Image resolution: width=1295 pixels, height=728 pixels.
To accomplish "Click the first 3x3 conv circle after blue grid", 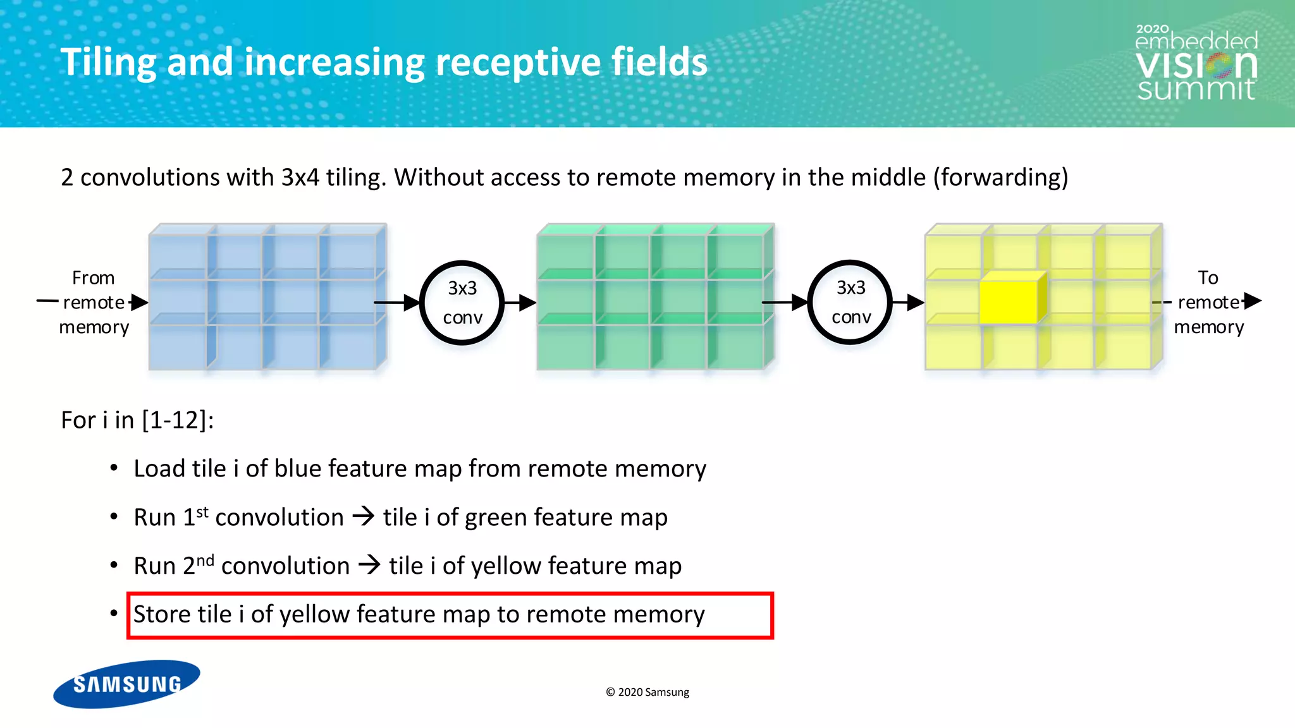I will (x=462, y=303).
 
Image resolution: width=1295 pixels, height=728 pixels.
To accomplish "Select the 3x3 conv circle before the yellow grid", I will (x=850, y=302).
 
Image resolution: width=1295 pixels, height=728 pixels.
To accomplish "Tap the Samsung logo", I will (x=127, y=684).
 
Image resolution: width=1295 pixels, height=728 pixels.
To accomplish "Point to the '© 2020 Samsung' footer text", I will (x=647, y=692).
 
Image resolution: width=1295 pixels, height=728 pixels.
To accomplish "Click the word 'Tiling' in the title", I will (x=108, y=63).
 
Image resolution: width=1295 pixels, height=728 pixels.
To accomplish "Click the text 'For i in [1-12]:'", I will (x=137, y=420).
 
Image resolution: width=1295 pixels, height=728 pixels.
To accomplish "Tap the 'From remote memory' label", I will (x=94, y=303).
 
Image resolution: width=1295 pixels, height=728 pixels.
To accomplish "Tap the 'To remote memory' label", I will (x=1208, y=303).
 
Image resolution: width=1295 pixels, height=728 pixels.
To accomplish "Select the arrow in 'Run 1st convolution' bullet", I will (x=364, y=517).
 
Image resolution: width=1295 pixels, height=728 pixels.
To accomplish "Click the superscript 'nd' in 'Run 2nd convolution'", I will (x=205, y=560).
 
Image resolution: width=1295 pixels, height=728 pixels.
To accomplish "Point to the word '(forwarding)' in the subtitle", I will (x=1000, y=178).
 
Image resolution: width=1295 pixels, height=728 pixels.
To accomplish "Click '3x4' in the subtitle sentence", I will (x=300, y=178).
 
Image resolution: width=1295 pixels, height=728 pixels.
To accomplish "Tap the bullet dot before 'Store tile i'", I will (x=114, y=614).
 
